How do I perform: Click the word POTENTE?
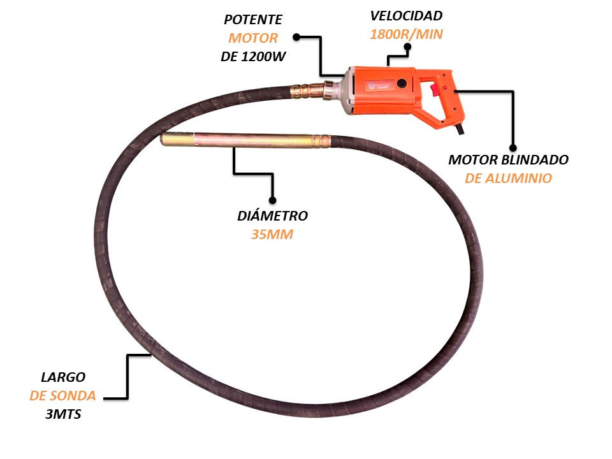click(252, 20)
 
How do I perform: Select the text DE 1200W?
click(252, 57)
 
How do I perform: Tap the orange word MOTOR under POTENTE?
click(253, 38)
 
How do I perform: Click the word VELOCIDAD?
click(406, 15)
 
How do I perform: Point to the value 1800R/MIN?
click(406, 34)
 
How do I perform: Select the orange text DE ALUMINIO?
click(508, 178)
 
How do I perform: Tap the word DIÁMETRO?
click(272, 215)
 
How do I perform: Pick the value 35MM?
click(272, 234)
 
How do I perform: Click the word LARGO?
click(62, 377)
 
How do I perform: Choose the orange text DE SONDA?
click(62, 396)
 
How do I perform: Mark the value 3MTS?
click(62, 414)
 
